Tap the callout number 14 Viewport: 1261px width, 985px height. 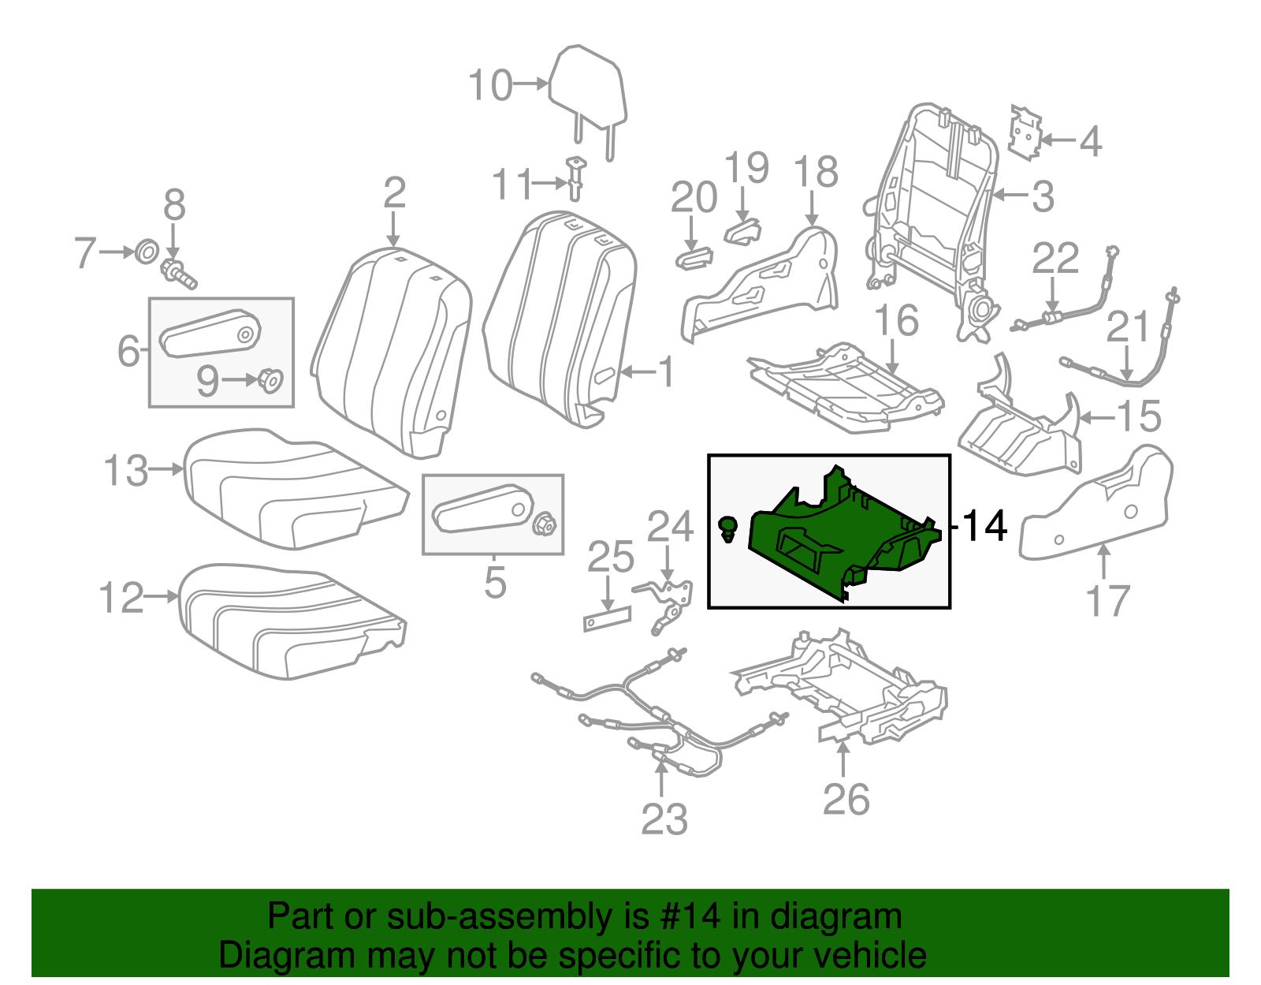(x=984, y=525)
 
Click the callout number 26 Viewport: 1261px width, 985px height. (x=846, y=799)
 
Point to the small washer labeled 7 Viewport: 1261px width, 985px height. (x=146, y=252)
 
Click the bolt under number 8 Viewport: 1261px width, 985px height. (x=178, y=273)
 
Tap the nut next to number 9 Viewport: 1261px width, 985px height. (x=270, y=380)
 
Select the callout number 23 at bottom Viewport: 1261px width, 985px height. (x=664, y=819)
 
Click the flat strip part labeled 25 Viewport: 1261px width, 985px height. (x=607, y=619)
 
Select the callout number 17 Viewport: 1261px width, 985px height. (x=1107, y=601)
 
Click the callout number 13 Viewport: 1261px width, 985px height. (x=125, y=471)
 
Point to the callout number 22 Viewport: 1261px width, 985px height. (x=1055, y=258)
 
